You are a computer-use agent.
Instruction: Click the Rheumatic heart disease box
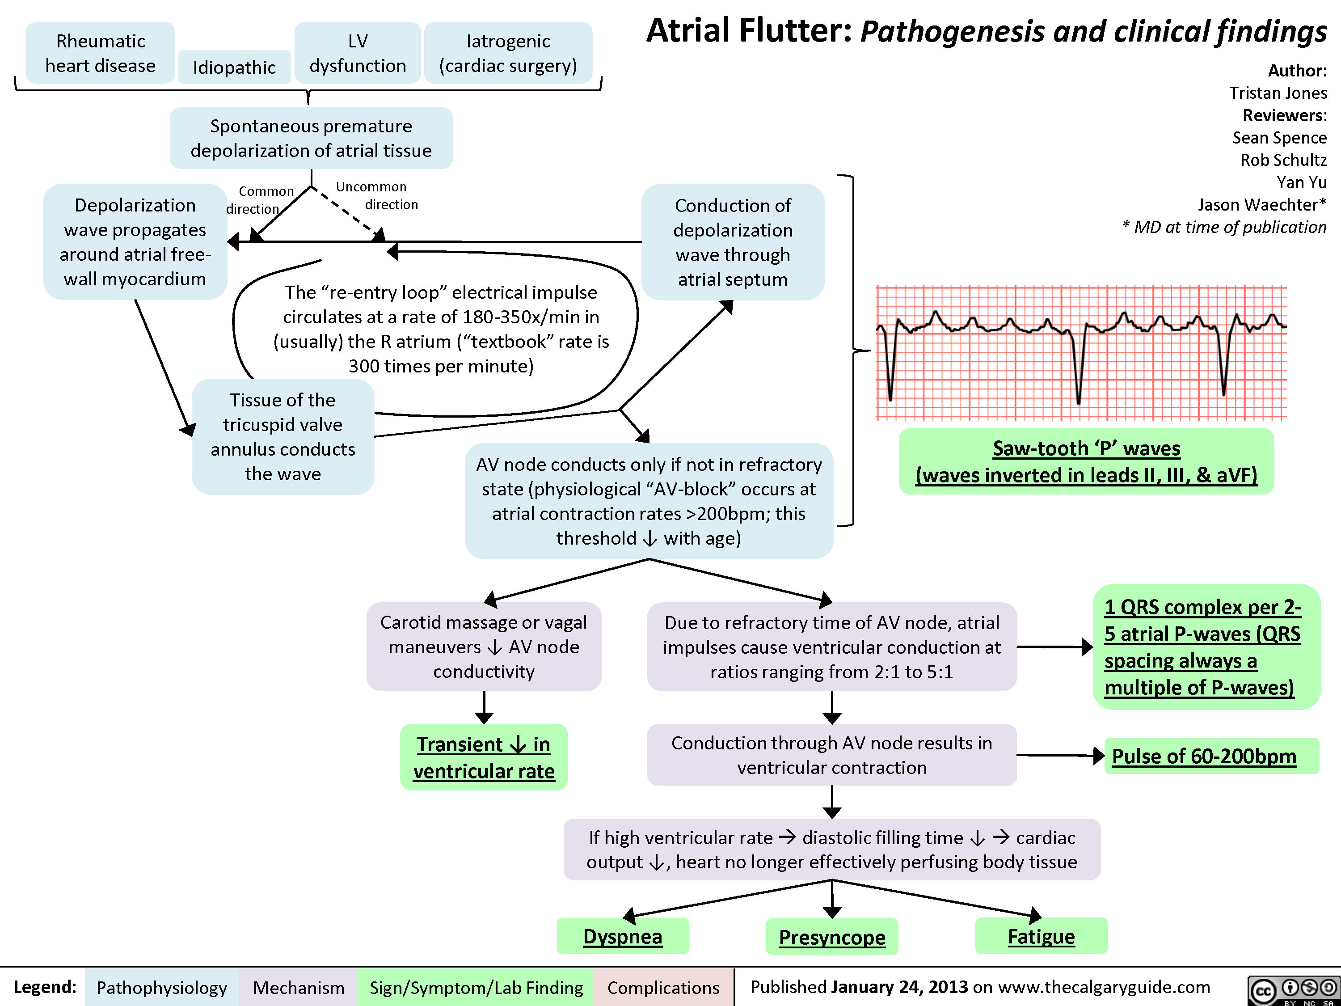click(x=101, y=53)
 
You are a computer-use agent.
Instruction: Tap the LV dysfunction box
click(x=358, y=53)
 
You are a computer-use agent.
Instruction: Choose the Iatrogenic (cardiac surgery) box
click(x=508, y=53)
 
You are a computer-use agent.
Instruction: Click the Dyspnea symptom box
click(x=623, y=936)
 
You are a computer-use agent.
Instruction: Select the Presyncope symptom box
click(x=832, y=937)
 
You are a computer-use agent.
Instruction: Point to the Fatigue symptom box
click(x=1041, y=936)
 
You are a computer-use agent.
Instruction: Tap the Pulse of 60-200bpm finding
click(x=1204, y=756)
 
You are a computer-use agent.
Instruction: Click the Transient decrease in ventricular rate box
click(x=484, y=757)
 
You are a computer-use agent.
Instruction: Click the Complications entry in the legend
click(x=663, y=988)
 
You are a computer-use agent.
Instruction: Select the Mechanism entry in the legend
click(x=298, y=988)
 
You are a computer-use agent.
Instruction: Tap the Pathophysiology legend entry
click(x=161, y=988)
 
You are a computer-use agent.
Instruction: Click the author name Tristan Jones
click(x=1278, y=93)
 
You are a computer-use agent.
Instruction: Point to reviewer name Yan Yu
click(x=1302, y=182)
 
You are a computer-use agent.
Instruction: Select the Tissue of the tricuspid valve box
click(x=283, y=436)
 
